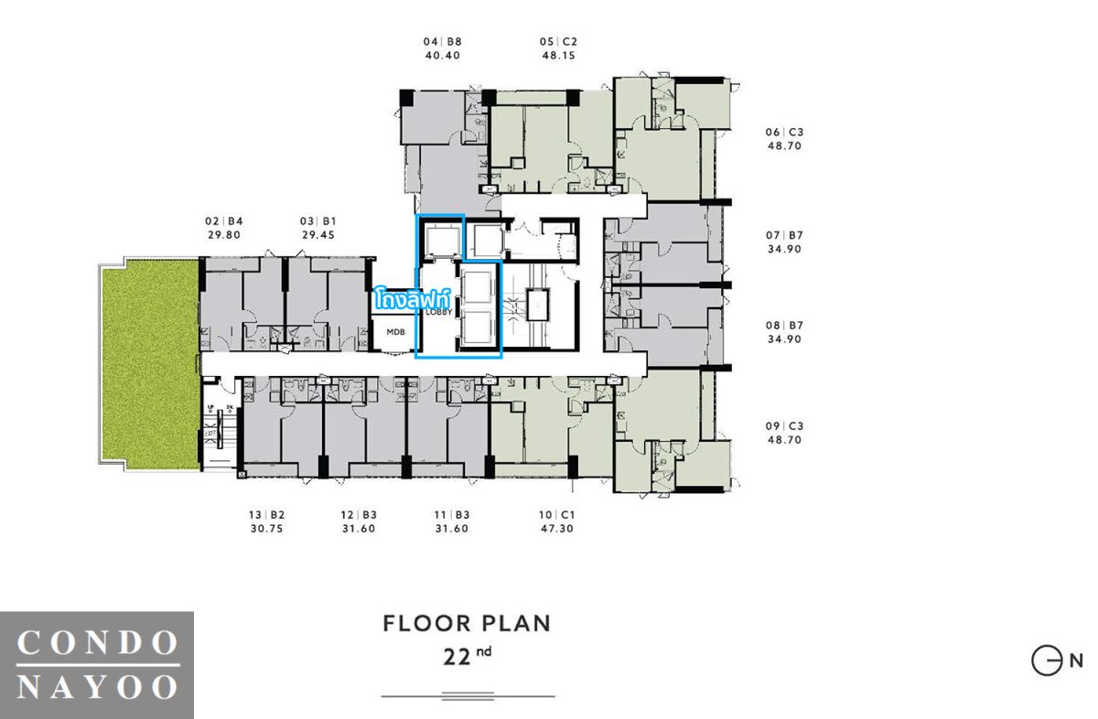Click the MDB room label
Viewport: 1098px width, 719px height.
tap(395, 332)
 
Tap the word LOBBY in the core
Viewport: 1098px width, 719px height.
tap(438, 312)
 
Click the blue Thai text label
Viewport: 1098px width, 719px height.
tap(412, 299)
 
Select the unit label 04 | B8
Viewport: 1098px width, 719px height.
tap(443, 42)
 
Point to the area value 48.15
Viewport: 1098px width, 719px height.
tap(558, 56)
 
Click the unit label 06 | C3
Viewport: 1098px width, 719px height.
tap(784, 132)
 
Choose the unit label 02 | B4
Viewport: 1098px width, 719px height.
tap(224, 221)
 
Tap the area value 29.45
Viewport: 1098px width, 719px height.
tap(318, 235)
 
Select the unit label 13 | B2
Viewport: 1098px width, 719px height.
tap(266, 515)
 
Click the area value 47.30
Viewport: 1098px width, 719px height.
tap(557, 529)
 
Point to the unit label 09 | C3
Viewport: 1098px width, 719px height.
tap(784, 426)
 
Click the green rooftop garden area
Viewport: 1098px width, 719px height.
tap(149, 364)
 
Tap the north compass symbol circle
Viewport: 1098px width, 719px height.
tap(1047, 661)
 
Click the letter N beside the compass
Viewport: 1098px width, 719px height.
tap(1076, 661)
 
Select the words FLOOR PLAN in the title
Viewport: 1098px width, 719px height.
tap(467, 624)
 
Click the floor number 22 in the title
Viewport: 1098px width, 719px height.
tap(457, 658)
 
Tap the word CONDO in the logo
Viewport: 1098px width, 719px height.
tap(97, 642)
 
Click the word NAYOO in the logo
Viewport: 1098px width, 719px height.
tap(97, 687)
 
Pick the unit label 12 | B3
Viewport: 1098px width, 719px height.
tap(359, 515)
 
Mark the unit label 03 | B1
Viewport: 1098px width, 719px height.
tap(318, 221)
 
